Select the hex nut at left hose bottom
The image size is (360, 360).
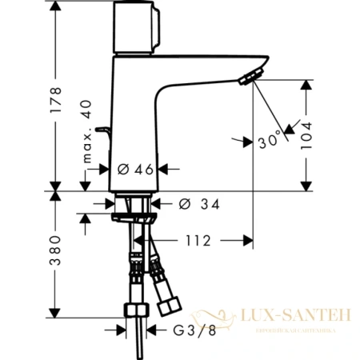[x=135, y=310]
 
